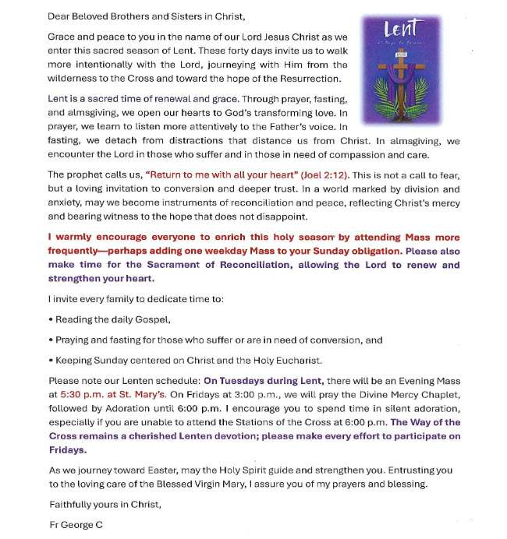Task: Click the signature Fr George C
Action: pyautogui.click(x=75, y=525)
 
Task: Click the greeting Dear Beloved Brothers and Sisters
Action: pyautogui.click(x=144, y=16)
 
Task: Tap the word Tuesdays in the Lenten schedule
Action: pyautogui.click(x=246, y=382)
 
